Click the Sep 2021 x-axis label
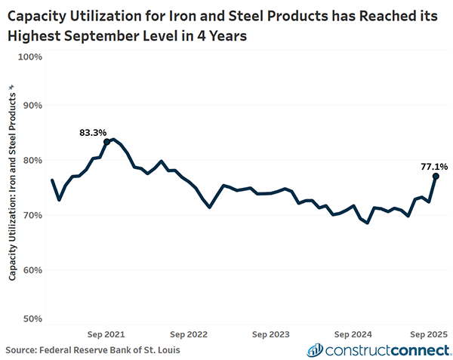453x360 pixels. (106, 334)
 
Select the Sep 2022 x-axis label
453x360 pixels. (189, 334)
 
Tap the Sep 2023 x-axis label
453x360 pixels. (271, 334)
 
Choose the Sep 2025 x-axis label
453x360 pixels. (429, 334)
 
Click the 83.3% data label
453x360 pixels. (93, 133)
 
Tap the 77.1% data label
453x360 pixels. (434, 166)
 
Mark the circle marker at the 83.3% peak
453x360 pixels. (107, 141)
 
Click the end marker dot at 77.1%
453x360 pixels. (436, 176)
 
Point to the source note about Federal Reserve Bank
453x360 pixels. (93, 349)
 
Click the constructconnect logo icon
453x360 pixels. (315, 349)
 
